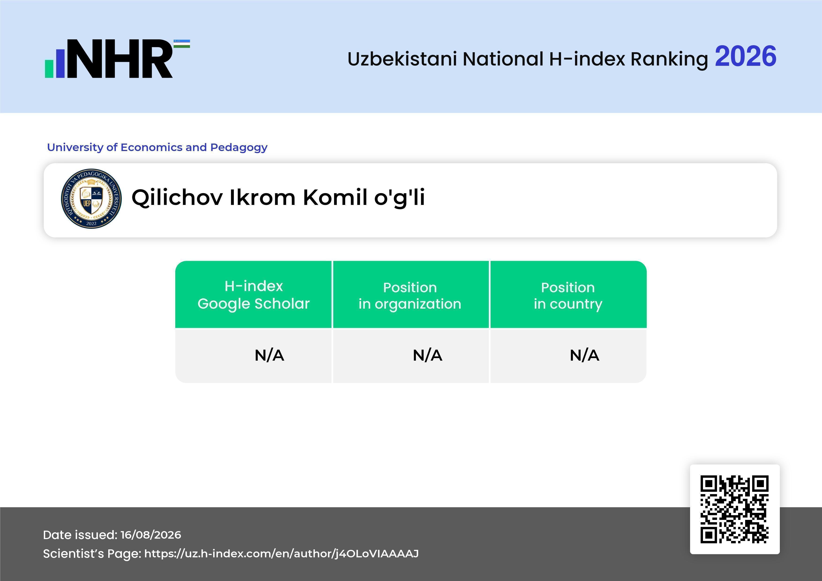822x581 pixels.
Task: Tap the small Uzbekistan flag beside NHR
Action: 182,44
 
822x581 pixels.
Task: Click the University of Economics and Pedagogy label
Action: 157,147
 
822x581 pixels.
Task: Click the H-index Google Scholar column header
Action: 254,295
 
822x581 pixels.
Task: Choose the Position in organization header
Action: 410,296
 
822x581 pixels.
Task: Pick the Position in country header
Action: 568,296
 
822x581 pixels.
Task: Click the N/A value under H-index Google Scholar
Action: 269,355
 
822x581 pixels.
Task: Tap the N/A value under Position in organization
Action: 427,355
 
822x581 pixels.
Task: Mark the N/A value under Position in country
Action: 584,355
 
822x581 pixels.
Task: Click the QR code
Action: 735,509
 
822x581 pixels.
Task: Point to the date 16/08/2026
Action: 151,535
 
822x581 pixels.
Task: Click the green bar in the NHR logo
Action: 49,69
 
